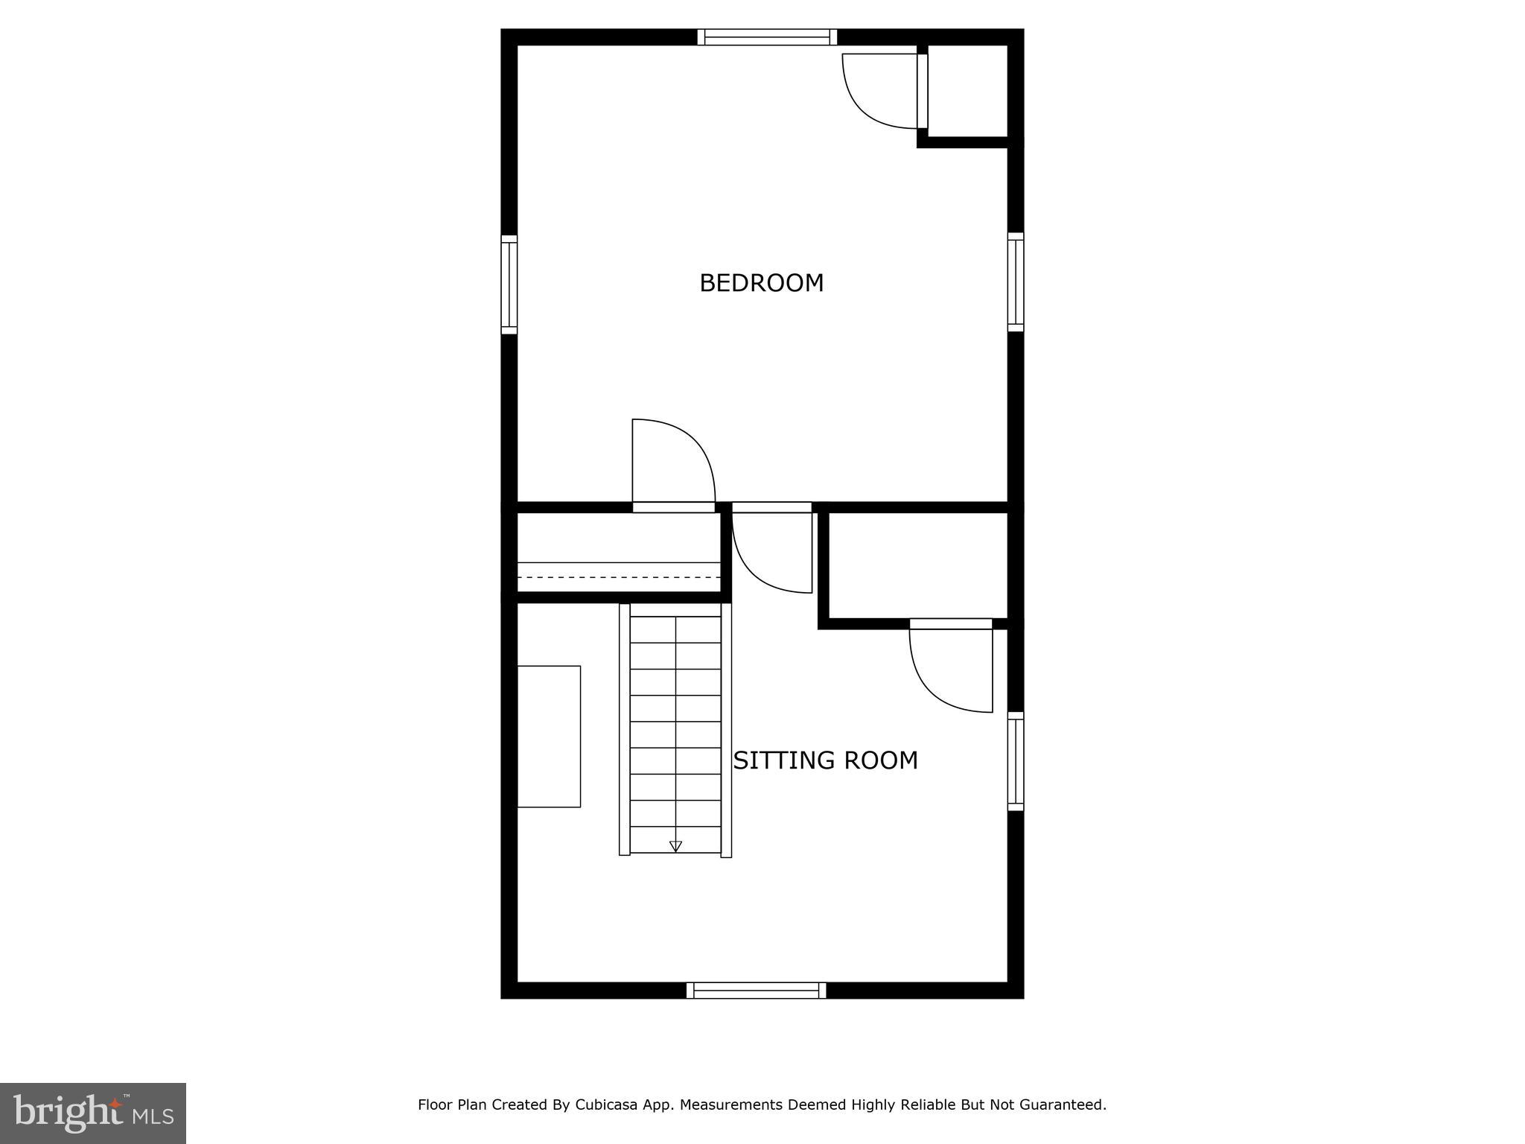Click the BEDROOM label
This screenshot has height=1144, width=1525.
[761, 283]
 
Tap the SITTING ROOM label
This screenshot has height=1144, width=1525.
[825, 760]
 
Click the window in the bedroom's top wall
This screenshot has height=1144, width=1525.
[767, 37]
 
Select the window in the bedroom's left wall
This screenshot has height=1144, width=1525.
[509, 285]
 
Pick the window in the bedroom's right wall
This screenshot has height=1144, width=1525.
[1016, 282]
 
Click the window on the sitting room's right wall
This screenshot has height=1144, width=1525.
[1016, 761]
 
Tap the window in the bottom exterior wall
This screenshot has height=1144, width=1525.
[756, 990]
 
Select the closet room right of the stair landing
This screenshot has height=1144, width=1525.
[917, 565]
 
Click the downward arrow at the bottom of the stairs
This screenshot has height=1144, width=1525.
[675, 846]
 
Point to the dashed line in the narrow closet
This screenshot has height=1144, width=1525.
[618, 577]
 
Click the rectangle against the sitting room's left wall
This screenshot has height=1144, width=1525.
[549, 736]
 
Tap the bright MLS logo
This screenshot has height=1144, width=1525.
[92, 1113]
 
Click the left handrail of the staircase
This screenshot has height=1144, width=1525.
[625, 729]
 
